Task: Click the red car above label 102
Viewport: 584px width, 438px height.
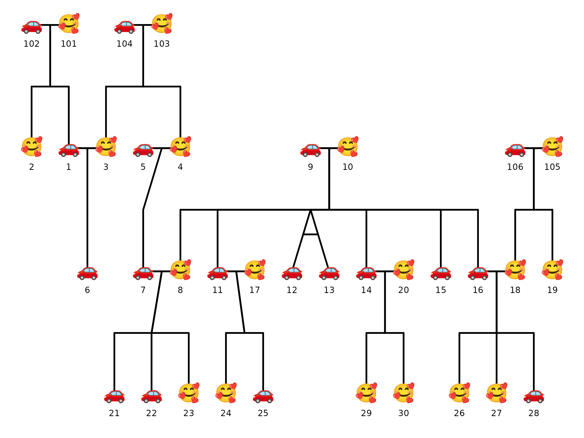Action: [31, 27]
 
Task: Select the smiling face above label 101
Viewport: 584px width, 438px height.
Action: [69, 24]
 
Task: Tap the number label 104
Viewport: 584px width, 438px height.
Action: [124, 44]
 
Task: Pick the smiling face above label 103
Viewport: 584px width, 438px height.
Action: [162, 24]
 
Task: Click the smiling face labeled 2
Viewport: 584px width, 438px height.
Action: [31, 147]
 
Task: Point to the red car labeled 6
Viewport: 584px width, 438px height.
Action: [87, 274]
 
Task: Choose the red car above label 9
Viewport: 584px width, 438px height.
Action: [310, 150]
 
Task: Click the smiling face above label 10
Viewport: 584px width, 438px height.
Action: [348, 147]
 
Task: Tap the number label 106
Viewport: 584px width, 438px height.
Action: [515, 167]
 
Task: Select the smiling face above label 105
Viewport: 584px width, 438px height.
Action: [552, 147]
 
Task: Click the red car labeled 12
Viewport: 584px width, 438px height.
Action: [292, 274]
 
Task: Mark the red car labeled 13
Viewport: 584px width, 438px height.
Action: [329, 274]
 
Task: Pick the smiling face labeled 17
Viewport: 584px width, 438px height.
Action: [255, 270]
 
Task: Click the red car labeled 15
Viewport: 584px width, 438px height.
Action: [441, 274]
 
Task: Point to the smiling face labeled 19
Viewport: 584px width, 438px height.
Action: [552, 270]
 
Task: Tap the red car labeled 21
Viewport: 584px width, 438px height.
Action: [114, 397]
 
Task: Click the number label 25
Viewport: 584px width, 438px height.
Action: [263, 413]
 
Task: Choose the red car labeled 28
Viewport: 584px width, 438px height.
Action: [534, 397]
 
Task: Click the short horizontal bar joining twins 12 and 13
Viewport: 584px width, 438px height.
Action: [310, 234]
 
